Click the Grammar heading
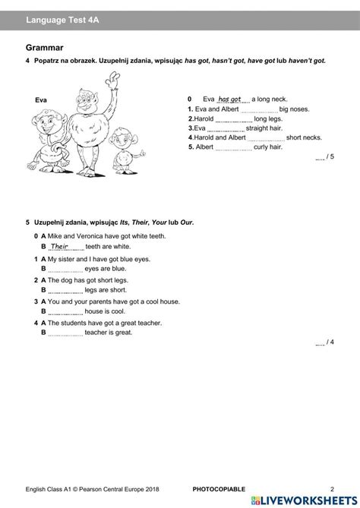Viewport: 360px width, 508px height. pyautogui.click(x=43, y=47)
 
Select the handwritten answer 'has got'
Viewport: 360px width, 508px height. pyautogui.click(x=229, y=99)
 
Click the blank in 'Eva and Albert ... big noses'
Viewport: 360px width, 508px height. pyautogui.click(x=259, y=109)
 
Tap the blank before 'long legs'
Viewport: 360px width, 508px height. pyautogui.click(x=234, y=119)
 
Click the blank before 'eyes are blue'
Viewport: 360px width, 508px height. pyautogui.click(x=65, y=268)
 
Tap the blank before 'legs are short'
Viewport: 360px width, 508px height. pyautogui.click(x=65, y=289)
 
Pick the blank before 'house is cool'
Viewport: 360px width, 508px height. pyautogui.click(x=65, y=311)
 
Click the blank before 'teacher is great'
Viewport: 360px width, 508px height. pyautogui.click(x=65, y=332)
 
